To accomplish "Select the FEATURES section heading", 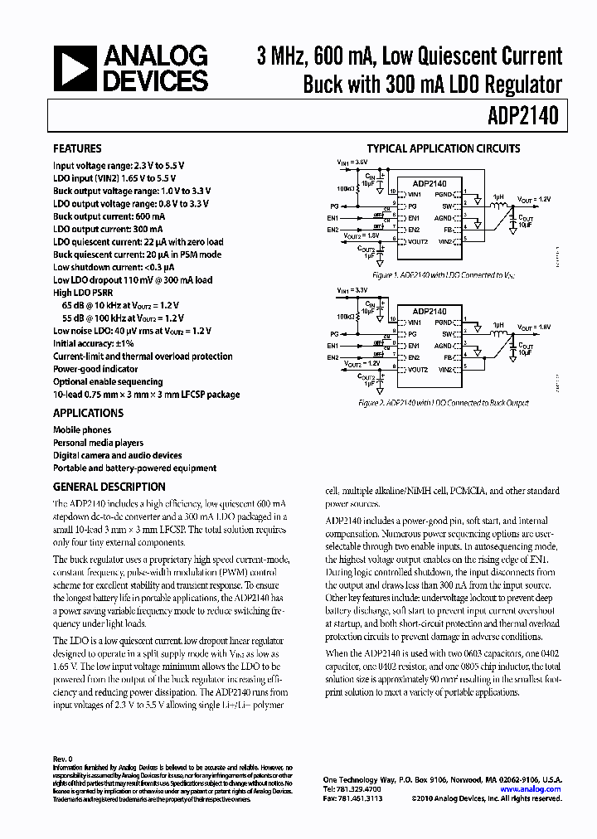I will (x=77, y=149).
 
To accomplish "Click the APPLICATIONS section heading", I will (x=88, y=413).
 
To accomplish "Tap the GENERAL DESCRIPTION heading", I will (x=109, y=487).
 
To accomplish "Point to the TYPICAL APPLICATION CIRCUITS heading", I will (x=444, y=149).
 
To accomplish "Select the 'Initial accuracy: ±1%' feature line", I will (x=95, y=343).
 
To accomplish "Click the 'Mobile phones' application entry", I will (x=81, y=430).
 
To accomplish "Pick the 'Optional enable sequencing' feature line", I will (x=108, y=381).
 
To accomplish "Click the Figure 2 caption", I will (x=443, y=403).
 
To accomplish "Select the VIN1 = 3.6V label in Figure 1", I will (x=352, y=162).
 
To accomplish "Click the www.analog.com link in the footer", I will (x=534, y=789).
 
